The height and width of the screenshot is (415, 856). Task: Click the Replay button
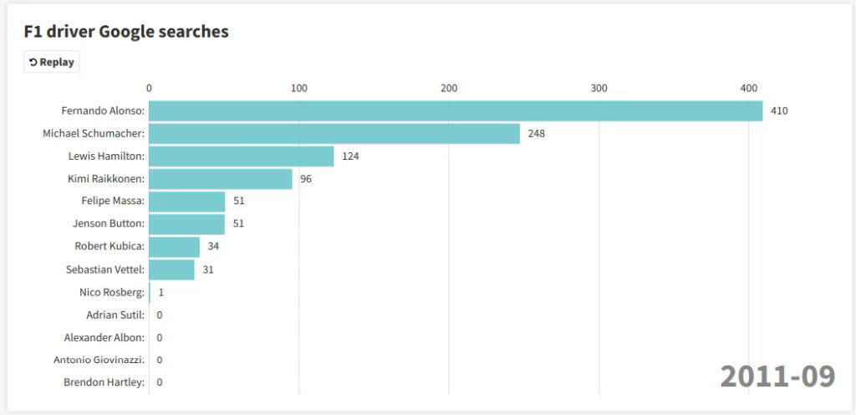click(51, 62)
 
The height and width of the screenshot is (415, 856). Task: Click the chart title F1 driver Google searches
click(126, 32)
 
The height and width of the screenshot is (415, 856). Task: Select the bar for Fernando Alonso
click(456, 110)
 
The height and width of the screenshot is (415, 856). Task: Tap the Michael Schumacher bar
click(334, 133)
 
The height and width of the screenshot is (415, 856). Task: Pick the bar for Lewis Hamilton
click(241, 156)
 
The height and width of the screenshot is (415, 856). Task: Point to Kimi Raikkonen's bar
click(221, 178)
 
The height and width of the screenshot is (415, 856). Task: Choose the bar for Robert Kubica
click(174, 246)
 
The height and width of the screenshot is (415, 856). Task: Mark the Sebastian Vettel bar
click(171, 269)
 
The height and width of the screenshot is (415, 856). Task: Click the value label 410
click(779, 110)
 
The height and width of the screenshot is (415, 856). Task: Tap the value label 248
click(536, 133)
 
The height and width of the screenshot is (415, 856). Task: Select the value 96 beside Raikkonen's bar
click(306, 178)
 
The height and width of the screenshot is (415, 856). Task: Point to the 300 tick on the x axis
click(599, 88)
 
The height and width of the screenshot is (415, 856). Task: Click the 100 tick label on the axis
click(298, 88)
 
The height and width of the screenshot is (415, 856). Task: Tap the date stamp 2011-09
click(777, 377)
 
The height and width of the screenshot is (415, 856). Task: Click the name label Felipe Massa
click(113, 201)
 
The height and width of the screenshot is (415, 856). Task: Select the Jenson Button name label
click(110, 223)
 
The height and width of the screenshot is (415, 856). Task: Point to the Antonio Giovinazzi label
click(99, 360)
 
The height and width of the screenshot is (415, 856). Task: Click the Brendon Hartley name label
click(104, 382)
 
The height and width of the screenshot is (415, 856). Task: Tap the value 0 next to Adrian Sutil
click(159, 315)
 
